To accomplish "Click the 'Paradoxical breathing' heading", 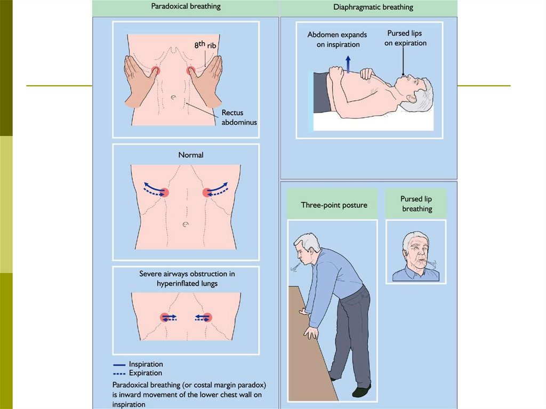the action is (x=186, y=7).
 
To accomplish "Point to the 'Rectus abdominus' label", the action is (x=239, y=117).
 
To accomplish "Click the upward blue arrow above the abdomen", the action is (x=348, y=63).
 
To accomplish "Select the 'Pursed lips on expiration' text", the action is (x=405, y=38).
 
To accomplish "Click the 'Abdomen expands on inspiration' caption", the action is (x=334, y=39).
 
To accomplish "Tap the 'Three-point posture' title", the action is (x=334, y=205).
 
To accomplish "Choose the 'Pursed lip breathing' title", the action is (x=416, y=204).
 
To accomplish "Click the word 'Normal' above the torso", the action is (x=191, y=155).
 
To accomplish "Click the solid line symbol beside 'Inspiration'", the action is (x=119, y=365).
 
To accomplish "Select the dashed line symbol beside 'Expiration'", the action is (x=119, y=373).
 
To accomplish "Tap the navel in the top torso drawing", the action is (x=174, y=98).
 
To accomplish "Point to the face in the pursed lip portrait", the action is (x=416, y=251).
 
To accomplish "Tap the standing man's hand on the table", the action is (x=310, y=333).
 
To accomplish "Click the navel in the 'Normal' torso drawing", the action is (x=186, y=224).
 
